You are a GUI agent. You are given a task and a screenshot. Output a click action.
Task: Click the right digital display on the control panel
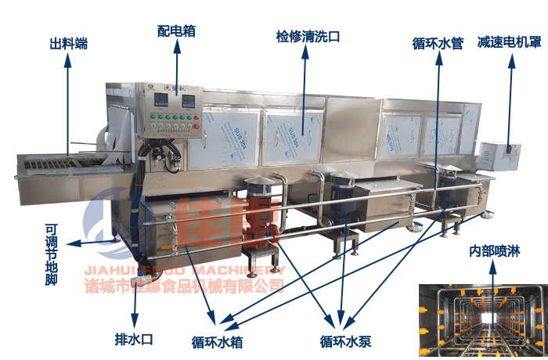pyautogui.click(x=189, y=102)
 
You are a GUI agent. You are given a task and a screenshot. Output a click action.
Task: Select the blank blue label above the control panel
pyautogui.click(x=176, y=31)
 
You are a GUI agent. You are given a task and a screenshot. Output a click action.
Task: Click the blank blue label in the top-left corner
pyautogui.click(x=69, y=43)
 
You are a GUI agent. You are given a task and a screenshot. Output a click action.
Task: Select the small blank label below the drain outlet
pyautogui.click(x=133, y=339)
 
